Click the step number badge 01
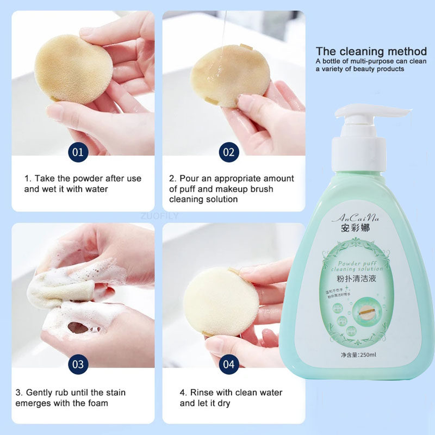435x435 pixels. (x=78, y=152)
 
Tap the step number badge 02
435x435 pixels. (x=229, y=152)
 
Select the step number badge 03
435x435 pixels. (x=78, y=364)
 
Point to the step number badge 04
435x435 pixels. (x=229, y=364)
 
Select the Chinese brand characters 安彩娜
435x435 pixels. (x=354, y=228)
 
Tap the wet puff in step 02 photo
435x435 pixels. (x=230, y=76)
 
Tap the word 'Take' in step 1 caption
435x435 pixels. (x=42, y=178)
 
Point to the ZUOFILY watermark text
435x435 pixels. (x=159, y=216)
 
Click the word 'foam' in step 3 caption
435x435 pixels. (x=96, y=403)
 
